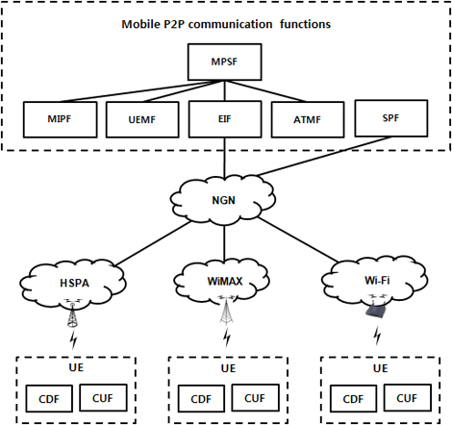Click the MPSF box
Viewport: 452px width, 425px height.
[224, 62]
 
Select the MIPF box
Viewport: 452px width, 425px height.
[60, 119]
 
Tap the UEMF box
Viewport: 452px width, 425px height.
[142, 119]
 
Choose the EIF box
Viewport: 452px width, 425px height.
[225, 119]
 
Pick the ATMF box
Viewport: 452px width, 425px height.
[308, 119]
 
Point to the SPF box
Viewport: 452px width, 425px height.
[390, 118]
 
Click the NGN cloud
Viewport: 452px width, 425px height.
[223, 199]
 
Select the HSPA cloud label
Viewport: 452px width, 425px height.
[75, 283]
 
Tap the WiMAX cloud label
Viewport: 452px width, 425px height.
[225, 281]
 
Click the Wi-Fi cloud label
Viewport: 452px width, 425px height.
[377, 281]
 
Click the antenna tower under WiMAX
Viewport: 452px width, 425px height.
[227, 310]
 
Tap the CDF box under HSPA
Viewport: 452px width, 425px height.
[49, 399]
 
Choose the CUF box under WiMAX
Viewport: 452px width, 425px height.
[255, 398]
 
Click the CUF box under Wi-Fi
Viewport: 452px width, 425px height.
[407, 398]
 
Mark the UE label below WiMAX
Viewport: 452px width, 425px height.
[228, 368]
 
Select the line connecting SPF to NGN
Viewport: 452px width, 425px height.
[323, 157]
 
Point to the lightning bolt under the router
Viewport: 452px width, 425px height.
[378, 336]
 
